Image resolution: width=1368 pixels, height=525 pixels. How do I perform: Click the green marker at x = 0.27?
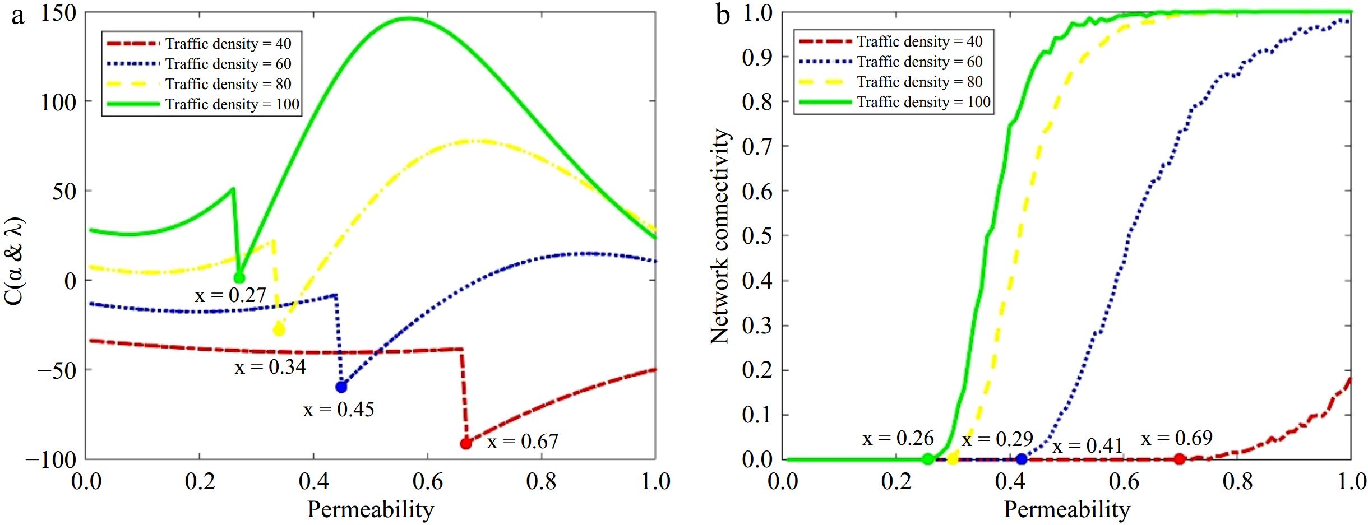pos(239,277)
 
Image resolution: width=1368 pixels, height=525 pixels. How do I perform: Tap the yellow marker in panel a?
pos(279,329)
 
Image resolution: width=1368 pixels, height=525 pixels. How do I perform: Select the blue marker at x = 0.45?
pos(341,386)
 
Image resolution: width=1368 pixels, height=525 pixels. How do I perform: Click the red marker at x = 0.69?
pos(1179,459)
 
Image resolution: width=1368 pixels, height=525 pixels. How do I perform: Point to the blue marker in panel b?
pos(1022,459)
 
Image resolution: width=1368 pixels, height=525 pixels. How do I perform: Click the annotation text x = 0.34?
pos(270,367)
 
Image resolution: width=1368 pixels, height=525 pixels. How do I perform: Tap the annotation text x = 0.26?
pos(898,438)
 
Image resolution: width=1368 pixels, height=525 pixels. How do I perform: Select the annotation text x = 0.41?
pos(1088,446)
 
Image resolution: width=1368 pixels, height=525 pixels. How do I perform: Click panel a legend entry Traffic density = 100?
pos(232,104)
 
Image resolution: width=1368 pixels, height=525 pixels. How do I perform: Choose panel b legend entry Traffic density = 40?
pos(919,41)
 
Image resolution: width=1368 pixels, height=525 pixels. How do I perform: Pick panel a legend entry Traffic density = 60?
pos(228,64)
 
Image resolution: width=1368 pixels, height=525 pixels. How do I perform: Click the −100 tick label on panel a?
pos(50,459)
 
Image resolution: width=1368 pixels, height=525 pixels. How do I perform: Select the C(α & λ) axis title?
pos(16,261)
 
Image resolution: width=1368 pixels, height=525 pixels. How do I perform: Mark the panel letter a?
pos(18,16)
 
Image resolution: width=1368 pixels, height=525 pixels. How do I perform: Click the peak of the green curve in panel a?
pos(408,18)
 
